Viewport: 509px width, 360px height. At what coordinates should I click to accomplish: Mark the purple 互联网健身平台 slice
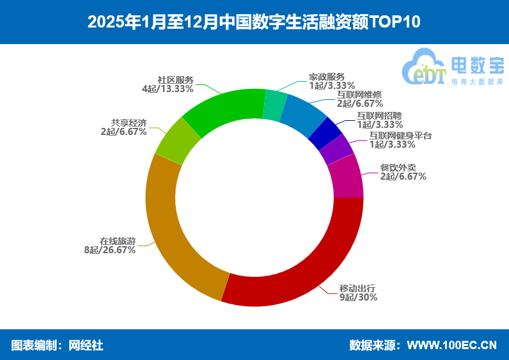click(x=336, y=150)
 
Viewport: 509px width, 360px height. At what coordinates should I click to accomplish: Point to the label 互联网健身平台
click(x=401, y=136)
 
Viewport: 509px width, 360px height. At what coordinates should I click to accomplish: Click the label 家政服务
click(x=326, y=75)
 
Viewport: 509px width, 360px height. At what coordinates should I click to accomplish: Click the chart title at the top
click(x=254, y=22)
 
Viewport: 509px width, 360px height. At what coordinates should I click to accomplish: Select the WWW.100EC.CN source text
click(x=451, y=345)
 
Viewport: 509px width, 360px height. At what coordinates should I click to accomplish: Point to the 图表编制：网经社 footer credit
click(x=58, y=345)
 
